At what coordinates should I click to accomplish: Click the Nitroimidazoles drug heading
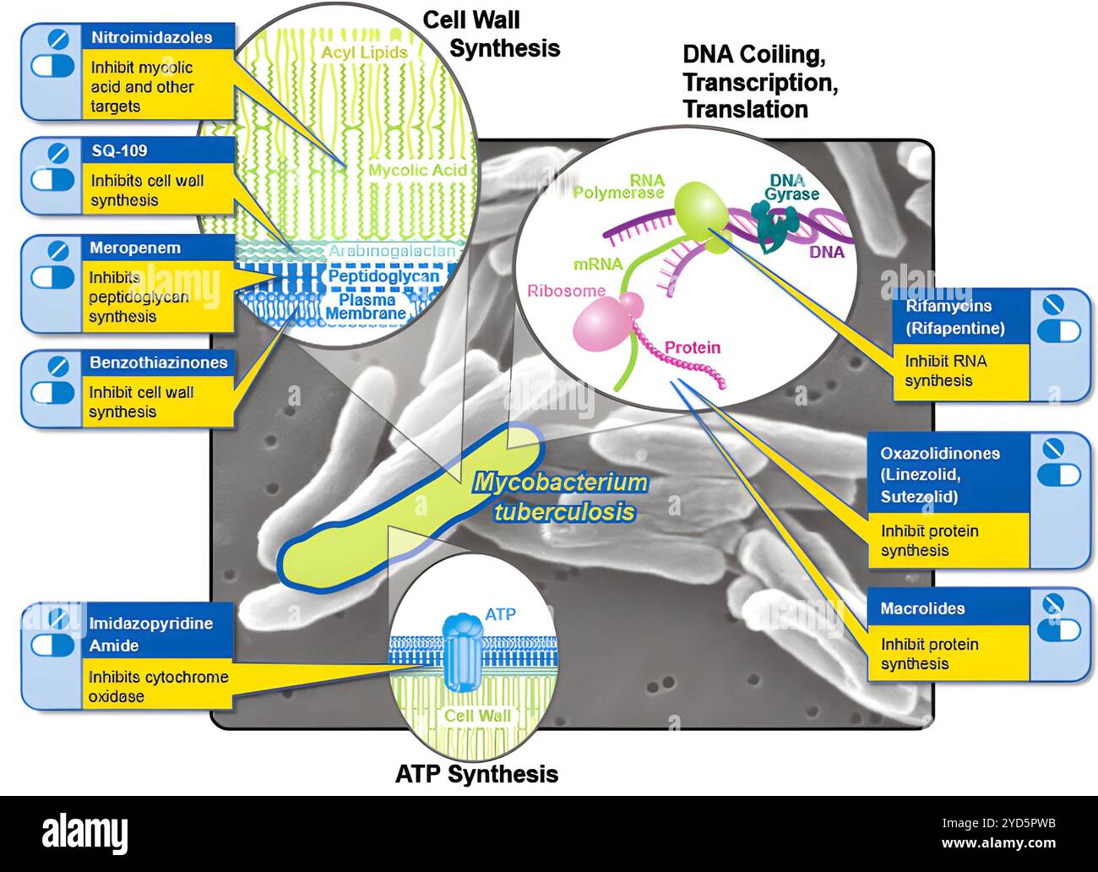(x=150, y=37)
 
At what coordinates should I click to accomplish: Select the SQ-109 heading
(x=118, y=150)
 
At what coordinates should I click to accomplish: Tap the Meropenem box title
(x=135, y=248)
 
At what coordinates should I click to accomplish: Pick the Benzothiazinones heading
(x=159, y=362)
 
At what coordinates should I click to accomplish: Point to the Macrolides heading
(x=922, y=608)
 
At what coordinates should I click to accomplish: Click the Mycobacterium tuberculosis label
(x=560, y=497)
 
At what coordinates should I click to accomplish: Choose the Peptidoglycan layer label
(x=383, y=276)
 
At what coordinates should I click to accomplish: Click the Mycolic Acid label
(x=417, y=170)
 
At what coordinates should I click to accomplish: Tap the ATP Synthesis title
(x=476, y=773)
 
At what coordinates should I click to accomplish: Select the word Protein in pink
(x=693, y=347)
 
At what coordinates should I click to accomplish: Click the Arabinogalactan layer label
(x=393, y=251)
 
